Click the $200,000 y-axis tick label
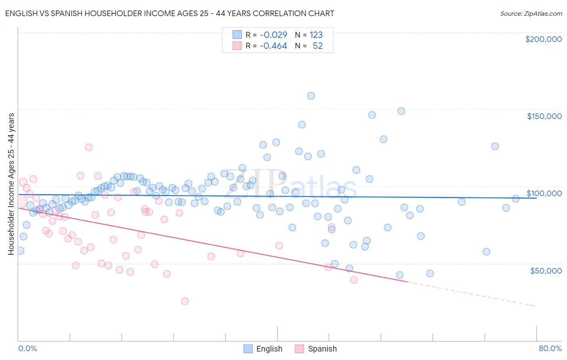pos(543,39)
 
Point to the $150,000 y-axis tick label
pos(544,116)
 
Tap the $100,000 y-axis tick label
pos(544,193)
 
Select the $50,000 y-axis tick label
pos(546,270)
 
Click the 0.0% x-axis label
pos(27,348)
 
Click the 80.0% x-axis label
pos(550,348)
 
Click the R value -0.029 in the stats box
pos(273,35)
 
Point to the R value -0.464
pos(273,46)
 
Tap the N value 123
pos(316,35)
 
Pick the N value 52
pos(318,46)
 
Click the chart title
pos(169,13)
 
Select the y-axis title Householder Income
pos(11,184)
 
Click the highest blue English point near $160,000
pos(311,96)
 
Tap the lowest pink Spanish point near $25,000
pos(185,301)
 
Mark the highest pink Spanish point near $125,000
pos(89,147)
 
